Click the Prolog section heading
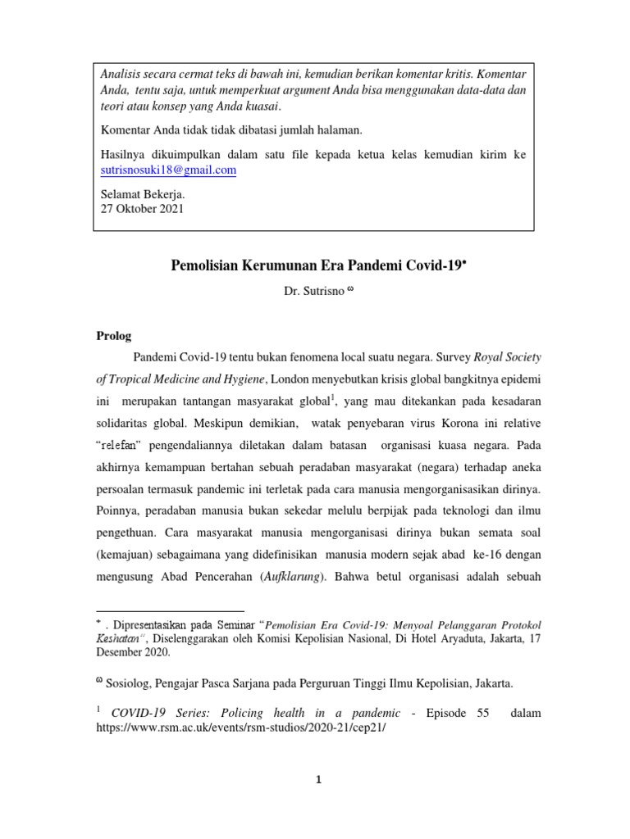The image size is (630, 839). pos(114,336)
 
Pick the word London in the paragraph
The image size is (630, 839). pos(290,379)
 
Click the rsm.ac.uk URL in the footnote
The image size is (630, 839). pos(240,727)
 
